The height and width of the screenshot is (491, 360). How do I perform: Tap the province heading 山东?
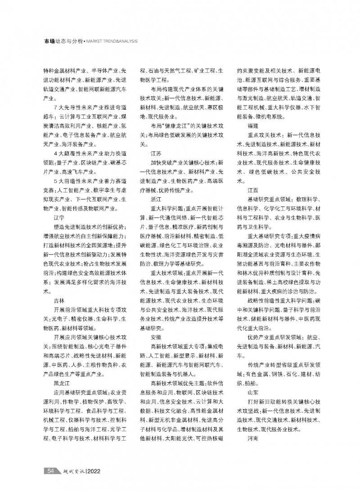click(252, 393)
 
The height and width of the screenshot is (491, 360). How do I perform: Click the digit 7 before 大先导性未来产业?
click(54, 107)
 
